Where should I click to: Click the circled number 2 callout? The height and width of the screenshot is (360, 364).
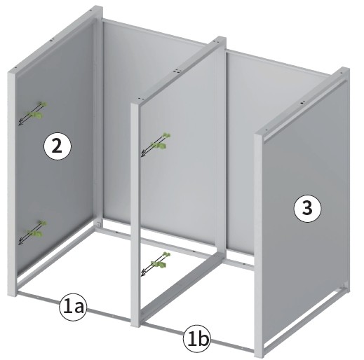(57, 147)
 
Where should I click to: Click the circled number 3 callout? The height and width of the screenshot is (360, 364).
(307, 208)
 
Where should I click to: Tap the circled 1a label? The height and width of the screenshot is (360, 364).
(73, 307)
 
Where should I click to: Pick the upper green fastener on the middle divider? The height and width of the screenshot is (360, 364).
(161, 141)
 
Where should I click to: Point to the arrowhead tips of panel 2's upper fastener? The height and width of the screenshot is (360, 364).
(20, 123)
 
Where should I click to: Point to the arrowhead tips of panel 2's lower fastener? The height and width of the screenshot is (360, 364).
(20, 242)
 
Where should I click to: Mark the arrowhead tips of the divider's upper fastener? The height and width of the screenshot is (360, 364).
(142, 154)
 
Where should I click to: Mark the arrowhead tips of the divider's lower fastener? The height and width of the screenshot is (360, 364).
(142, 273)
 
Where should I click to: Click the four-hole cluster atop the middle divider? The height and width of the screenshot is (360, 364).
(177, 71)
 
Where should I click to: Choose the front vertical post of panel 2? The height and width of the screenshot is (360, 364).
(12, 184)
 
